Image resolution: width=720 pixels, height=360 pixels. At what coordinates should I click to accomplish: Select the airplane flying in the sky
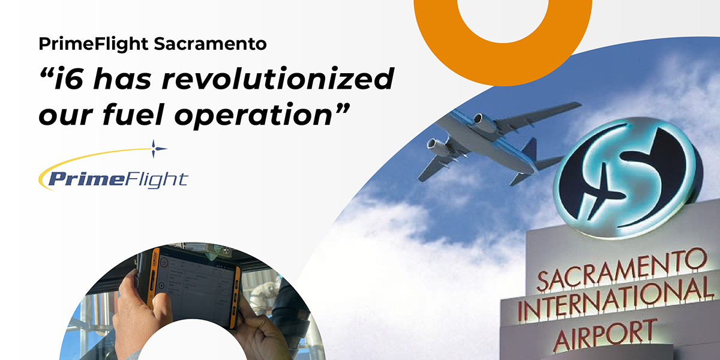pyautogui.click(x=492, y=141)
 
